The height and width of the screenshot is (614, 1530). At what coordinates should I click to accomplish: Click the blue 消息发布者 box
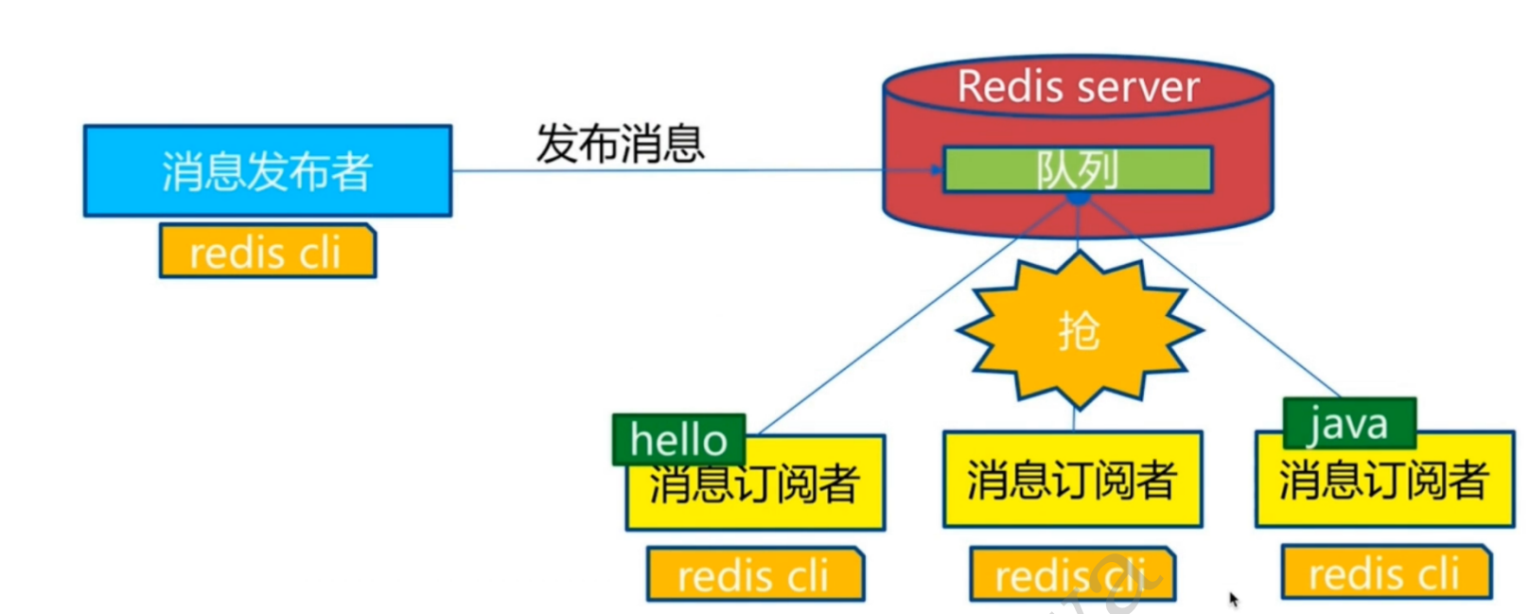point(267,171)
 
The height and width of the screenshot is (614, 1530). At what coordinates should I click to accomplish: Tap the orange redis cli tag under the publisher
point(267,252)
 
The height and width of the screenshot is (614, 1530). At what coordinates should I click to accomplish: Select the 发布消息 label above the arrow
point(620,144)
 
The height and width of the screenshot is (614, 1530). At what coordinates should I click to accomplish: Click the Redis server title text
point(1078,87)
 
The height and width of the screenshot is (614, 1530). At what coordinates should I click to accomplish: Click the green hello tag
point(678,440)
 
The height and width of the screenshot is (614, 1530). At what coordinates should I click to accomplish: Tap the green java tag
point(1348,423)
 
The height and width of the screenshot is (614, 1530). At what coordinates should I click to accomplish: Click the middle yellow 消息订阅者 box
point(1072,480)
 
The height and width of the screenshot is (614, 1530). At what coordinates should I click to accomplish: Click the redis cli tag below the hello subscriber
point(754,574)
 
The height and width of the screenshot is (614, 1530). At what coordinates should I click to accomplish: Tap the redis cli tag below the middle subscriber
point(1071,574)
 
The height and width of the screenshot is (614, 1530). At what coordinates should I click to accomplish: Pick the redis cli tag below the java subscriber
point(1385,572)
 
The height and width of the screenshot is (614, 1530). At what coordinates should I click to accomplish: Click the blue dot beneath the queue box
point(1078,198)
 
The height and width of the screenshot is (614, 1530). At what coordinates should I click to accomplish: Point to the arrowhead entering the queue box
point(936,170)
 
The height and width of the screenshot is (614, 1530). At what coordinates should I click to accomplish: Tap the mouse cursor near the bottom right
point(1233,599)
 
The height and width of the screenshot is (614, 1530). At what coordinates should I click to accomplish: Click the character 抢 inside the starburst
point(1079,331)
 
